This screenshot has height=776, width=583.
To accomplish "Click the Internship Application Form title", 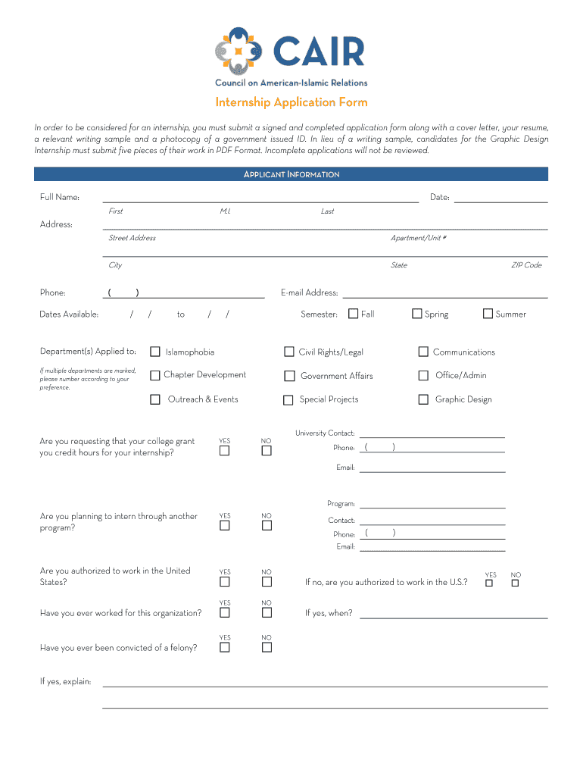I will tap(291, 102).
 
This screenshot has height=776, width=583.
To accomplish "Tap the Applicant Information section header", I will tap(291, 174).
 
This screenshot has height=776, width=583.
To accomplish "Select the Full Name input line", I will tap(260, 199).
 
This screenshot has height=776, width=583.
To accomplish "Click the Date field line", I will tap(500, 199).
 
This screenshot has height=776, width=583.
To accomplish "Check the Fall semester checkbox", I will tap(354, 314).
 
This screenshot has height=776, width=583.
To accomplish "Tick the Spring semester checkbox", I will tap(417, 314).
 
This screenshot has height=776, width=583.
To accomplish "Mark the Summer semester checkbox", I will tap(488, 314).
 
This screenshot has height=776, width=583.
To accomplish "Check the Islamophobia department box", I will tap(155, 352).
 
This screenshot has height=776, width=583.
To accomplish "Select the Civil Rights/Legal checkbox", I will tap(289, 352).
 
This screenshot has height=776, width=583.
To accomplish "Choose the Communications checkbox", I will tap(423, 352).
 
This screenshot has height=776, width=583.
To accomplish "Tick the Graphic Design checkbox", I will tap(423, 399).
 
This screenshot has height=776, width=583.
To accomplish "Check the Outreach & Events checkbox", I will tap(155, 399).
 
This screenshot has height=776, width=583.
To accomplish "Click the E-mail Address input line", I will tap(445, 294).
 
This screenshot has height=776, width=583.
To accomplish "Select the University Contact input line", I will tap(432, 434).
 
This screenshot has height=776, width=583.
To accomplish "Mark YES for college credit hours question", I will tap(225, 451).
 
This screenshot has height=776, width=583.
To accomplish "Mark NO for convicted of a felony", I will tap(267, 647).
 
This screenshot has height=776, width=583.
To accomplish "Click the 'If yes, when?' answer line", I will tap(454, 615).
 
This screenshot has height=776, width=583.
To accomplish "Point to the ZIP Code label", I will tap(526, 265).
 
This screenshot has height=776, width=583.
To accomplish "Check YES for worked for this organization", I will tap(225, 612).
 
